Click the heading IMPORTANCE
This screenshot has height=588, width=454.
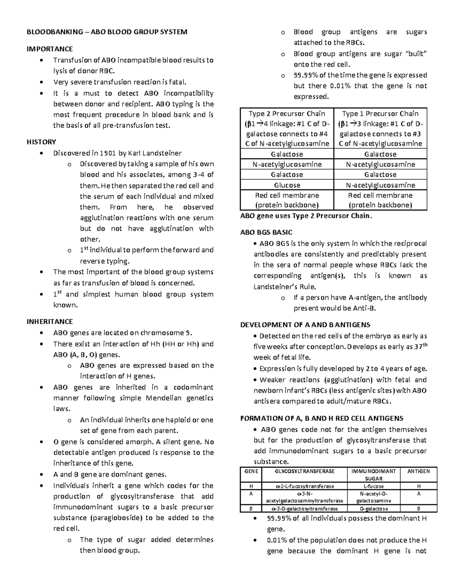tap(49, 49)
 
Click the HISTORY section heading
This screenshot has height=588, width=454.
tap(41, 142)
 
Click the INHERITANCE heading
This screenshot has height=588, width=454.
tap(50, 321)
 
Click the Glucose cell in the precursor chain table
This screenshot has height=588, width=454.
tap(287, 185)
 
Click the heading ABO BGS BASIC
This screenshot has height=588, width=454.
tap(266, 232)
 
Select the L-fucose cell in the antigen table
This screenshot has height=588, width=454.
tap(373, 486)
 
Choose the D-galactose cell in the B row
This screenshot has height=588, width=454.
tap(373, 509)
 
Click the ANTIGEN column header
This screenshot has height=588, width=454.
tap(418, 471)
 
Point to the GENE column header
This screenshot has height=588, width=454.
tap(251, 471)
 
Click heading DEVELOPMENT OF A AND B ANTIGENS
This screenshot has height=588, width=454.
tap(305, 325)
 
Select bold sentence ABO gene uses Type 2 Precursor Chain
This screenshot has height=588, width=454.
tap(306, 216)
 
